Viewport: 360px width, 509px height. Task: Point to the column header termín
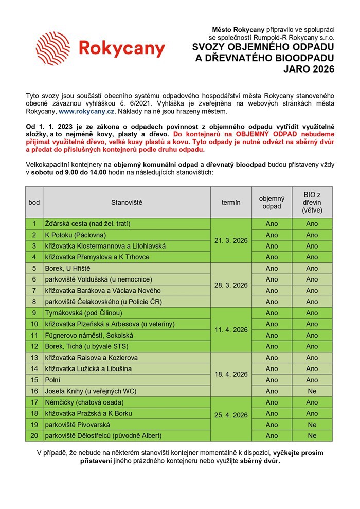[231, 202]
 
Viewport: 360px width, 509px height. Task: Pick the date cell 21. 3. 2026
[231, 240]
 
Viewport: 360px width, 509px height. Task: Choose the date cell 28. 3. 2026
[231, 285]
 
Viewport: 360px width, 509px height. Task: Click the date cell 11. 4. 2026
[231, 330]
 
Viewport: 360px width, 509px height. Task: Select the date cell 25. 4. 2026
[231, 414]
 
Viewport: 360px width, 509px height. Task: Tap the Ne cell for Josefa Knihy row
[312, 391]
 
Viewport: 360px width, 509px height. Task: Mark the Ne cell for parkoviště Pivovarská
[312, 425]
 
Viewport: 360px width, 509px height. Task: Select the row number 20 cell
[34, 436]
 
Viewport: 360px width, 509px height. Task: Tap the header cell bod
[34, 202]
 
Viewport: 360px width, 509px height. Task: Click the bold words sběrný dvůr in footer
[259, 461]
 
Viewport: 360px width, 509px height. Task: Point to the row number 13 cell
[34, 358]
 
